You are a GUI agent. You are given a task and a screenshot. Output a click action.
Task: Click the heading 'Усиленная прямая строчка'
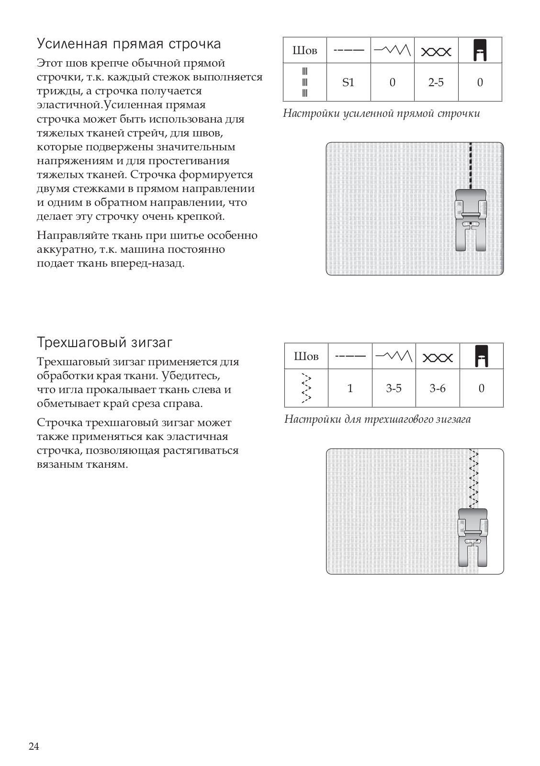(x=129, y=44)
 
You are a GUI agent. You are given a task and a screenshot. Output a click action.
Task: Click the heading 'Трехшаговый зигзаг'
(x=104, y=343)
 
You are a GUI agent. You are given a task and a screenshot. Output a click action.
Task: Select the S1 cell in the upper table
(x=348, y=82)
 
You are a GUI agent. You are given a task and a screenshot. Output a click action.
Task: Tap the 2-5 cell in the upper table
(x=436, y=82)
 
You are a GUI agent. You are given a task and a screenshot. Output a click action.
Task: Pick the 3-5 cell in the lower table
(x=394, y=388)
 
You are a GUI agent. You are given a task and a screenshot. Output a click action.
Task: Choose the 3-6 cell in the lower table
(x=437, y=388)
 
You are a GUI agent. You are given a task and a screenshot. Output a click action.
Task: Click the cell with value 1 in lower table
(x=350, y=388)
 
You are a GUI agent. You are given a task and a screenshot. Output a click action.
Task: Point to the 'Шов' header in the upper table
(x=304, y=50)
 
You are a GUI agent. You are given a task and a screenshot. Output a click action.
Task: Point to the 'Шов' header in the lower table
(x=306, y=356)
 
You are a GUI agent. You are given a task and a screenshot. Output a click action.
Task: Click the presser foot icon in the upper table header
(x=480, y=50)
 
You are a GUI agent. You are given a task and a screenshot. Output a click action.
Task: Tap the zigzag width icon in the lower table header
(x=394, y=356)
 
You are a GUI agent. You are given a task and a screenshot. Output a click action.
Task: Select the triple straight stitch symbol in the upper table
(x=304, y=82)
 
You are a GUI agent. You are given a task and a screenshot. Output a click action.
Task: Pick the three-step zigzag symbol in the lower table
(x=306, y=388)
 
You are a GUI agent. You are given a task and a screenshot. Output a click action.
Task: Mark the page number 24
(x=34, y=746)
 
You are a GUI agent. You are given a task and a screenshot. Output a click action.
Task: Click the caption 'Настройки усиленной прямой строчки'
(x=381, y=113)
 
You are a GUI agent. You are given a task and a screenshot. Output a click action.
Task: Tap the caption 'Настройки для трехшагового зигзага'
(x=377, y=419)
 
